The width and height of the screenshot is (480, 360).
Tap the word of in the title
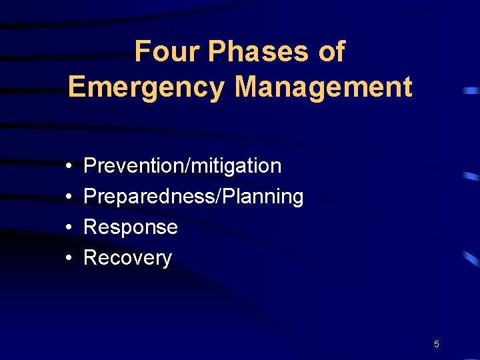[x=331, y=51]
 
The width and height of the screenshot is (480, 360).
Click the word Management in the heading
[x=324, y=87]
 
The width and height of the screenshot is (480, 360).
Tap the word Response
[x=131, y=227]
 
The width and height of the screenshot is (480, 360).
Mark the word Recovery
[x=127, y=258]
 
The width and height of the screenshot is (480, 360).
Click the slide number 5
[x=436, y=344]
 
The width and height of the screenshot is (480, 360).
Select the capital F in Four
[x=141, y=51]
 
